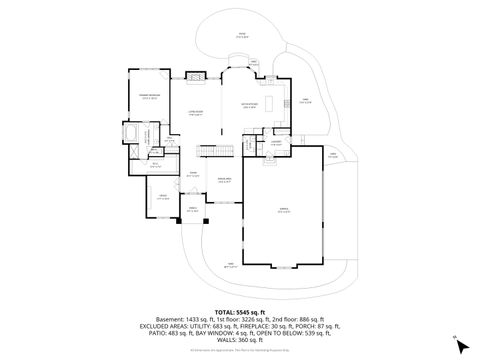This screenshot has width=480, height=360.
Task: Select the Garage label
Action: (x=284, y=211)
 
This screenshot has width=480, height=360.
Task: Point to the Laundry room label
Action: (x=275, y=144)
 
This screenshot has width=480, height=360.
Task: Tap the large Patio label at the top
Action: (x=240, y=34)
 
